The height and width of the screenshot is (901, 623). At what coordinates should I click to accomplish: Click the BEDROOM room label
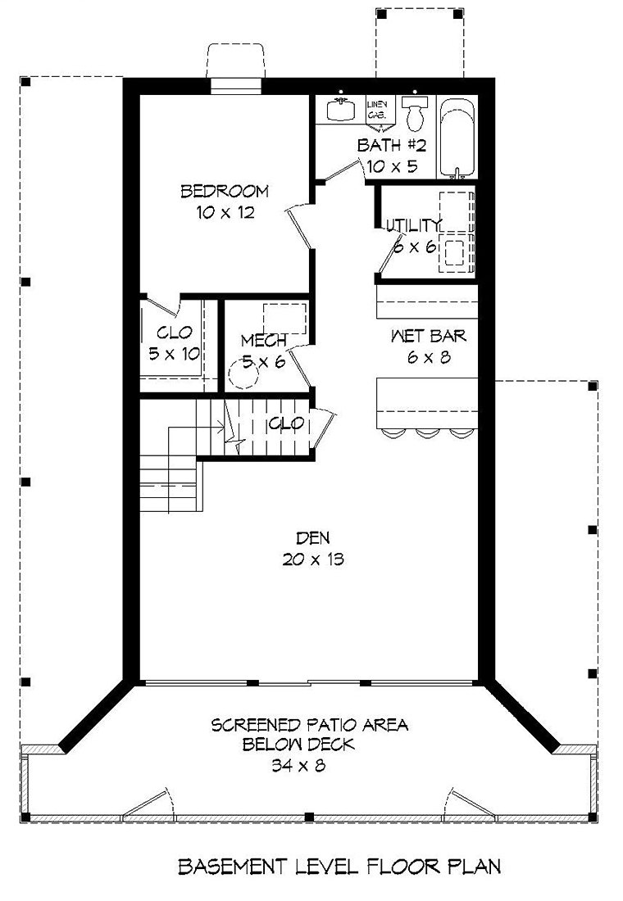click(x=225, y=191)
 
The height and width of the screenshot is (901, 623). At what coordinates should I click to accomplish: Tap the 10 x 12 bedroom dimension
click(x=225, y=213)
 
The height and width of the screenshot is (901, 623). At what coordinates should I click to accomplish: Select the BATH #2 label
click(x=392, y=145)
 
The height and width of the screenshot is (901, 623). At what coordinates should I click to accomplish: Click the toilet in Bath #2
click(x=415, y=113)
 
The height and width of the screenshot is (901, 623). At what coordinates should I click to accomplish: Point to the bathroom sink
click(x=339, y=109)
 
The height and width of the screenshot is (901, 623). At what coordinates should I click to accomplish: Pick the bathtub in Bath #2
click(x=457, y=138)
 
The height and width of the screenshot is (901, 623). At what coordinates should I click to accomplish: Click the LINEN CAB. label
click(x=381, y=111)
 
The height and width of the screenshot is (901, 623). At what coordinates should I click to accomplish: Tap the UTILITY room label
click(x=414, y=224)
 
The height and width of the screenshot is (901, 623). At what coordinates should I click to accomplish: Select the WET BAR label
click(x=428, y=336)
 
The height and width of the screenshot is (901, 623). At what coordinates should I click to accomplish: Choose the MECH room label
click(x=263, y=341)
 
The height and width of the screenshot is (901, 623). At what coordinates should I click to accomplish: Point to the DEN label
click(x=313, y=538)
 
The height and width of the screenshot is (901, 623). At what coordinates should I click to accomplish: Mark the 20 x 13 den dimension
click(x=313, y=559)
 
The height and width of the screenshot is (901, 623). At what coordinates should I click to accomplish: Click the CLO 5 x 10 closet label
click(x=175, y=343)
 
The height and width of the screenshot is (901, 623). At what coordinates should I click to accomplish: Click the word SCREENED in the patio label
click(x=256, y=725)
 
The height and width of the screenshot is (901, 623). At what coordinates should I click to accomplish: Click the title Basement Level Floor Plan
click(x=339, y=866)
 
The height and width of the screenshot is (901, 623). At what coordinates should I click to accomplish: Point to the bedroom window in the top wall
click(x=236, y=85)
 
